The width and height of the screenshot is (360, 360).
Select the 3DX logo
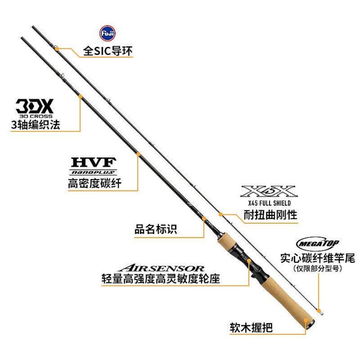(x=34, y=107)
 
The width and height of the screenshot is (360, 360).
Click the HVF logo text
(x=94, y=161)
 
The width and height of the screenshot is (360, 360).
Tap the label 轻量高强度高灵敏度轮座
(x=160, y=280)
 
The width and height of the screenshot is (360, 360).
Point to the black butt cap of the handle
(x=310, y=340)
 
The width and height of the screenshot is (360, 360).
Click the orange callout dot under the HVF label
(x=138, y=153)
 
